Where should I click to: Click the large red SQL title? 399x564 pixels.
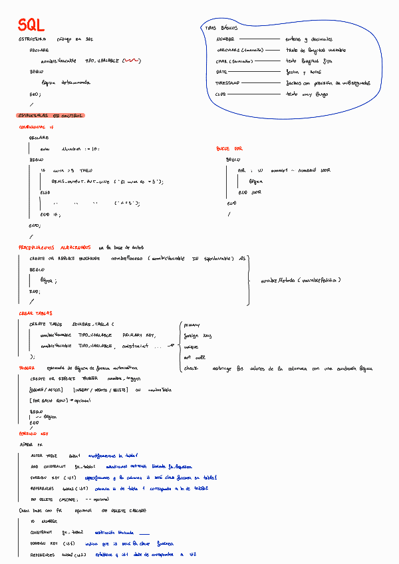pyautogui.click(x=31, y=25)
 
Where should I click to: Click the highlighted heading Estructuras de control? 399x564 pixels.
pyautogui.click(x=51, y=116)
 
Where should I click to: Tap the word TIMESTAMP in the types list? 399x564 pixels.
pyautogui.click(x=227, y=83)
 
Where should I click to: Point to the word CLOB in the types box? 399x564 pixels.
pyautogui.click(x=221, y=94)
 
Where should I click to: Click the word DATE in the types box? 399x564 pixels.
pyautogui.click(x=222, y=71)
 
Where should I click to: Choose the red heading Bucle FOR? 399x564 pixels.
pyautogui.click(x=229, y=148)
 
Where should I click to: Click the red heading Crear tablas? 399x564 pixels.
pyautogui.click(x=35, y=313)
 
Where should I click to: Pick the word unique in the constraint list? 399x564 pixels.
pyautogui.click(x=191, y=347)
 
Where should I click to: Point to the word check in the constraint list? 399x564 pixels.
pyautogui.click(x=191, y=368)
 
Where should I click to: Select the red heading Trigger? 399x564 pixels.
pyautogui.click(x=27, y=367)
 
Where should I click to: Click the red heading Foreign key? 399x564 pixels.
pyautogui.click(x=34, y=432)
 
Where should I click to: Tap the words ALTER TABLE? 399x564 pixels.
pyautogui.click(x=45, y=456)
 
